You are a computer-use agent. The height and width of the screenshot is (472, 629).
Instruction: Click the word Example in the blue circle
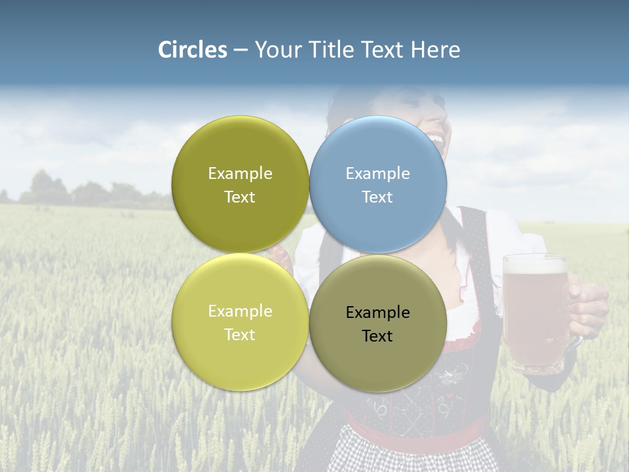coord(377,174)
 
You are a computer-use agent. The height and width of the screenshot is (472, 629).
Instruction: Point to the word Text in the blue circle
coord(377,197)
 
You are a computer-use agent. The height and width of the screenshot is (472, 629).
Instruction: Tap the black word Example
coord(377,313)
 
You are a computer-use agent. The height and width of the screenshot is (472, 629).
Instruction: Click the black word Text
coord(377,336)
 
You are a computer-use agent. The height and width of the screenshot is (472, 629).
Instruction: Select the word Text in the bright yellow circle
coord(240,335)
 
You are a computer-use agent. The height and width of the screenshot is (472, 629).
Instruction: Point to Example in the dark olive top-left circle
coord(240,174)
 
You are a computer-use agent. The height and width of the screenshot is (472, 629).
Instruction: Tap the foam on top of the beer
coord(535,265)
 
